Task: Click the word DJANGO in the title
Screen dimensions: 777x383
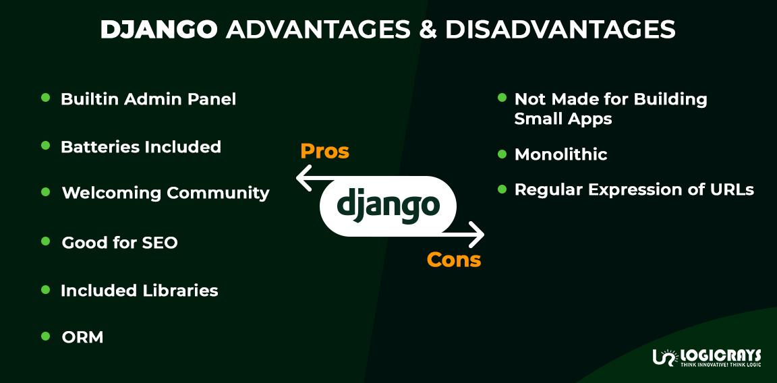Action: [159, 30]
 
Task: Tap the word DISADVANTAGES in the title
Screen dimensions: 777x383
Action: [560, 30]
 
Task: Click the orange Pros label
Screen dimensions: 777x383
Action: [324, 152]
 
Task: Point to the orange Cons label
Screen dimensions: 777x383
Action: [454, 260]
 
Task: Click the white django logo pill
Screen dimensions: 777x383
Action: [388, 206]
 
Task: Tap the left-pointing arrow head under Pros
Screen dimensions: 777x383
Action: [304, 179]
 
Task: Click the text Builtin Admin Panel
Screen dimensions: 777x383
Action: [148, 99]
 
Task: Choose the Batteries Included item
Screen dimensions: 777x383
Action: [141, 147]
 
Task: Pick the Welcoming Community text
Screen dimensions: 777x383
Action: [165, 193]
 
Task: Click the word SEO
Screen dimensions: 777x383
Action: [160, 243]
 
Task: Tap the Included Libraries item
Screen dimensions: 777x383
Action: [139, 291]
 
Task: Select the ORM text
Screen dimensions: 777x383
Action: [82, 337]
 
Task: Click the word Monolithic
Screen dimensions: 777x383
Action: [561, 154]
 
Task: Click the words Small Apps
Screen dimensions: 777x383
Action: [563, 119]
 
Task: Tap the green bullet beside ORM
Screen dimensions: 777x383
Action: [46, 336]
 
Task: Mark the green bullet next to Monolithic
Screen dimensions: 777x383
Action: [502, 154]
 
